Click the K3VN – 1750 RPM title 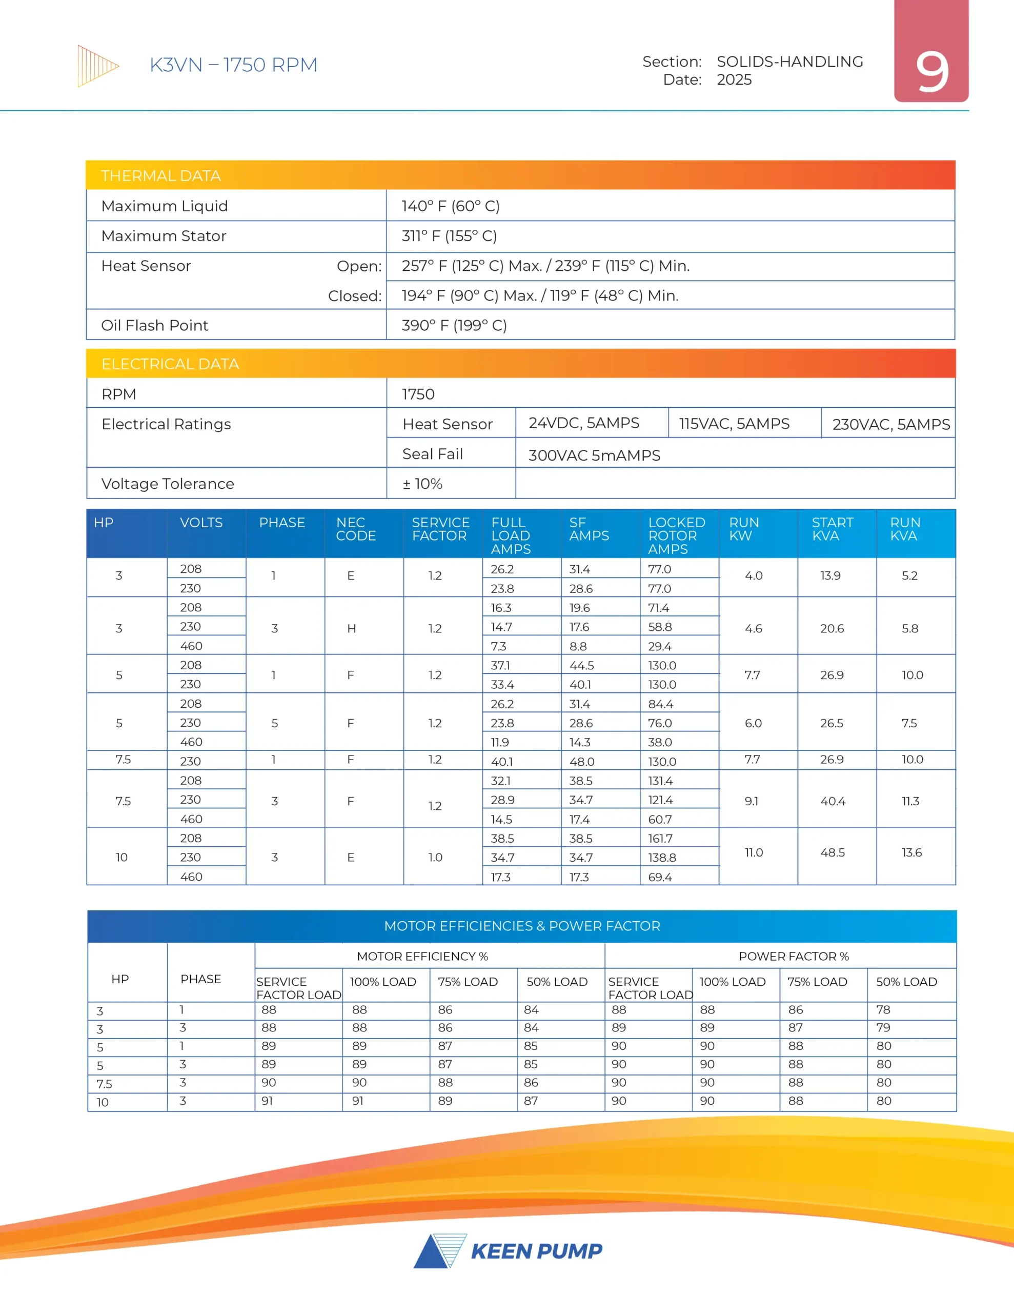coord(233,65)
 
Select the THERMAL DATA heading coord(160,175)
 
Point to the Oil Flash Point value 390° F coord(454,325)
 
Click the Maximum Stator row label coord(164,235)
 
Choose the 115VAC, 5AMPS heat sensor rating coord(734,424)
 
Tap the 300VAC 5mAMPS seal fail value coord(594,455)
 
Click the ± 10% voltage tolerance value coord(422,484)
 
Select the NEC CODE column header coord(355,529)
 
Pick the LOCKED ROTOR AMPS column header coord(676,535)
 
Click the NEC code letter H coord(351,629)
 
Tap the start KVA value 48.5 coord(832,852)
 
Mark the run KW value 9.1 coord(752,801)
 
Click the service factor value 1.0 coord(435,858)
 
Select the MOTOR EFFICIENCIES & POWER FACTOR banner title coord(522,926)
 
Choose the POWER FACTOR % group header coord(794,957)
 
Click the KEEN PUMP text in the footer coord(536,1251)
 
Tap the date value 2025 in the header coord(734,80)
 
